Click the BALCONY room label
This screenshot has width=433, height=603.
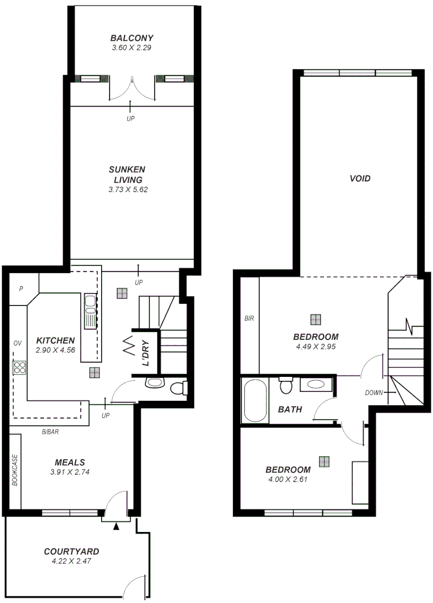click(131, 38)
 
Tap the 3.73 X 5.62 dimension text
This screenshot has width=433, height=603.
click(131, 190)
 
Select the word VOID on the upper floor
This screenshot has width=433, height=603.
click(360, 179)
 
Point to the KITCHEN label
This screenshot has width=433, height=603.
click(55, 340)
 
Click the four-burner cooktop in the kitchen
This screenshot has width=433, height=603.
click(20, 367)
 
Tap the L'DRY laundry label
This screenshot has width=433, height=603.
click(145, 353)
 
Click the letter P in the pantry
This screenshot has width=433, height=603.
click(21, 289)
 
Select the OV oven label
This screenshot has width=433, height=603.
click(18, 343)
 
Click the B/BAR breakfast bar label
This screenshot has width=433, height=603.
click(51, 432)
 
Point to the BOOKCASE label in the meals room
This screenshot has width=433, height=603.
click(15, 470)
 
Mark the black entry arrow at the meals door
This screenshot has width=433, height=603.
click(116, 526)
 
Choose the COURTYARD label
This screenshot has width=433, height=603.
click(72, 552)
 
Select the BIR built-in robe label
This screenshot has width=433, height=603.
click(249, 319)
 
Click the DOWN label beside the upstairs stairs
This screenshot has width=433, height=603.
click(374, 393)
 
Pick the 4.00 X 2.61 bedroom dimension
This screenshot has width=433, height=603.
click(288, 479)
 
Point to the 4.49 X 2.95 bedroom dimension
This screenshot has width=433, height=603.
click(316, 346)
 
